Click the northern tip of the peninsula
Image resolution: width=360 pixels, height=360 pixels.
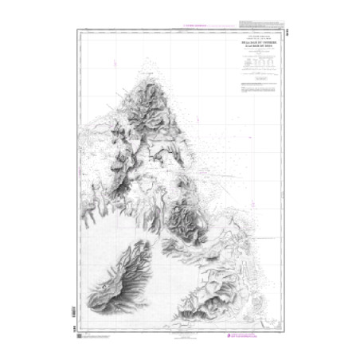[x=151, y=70]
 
